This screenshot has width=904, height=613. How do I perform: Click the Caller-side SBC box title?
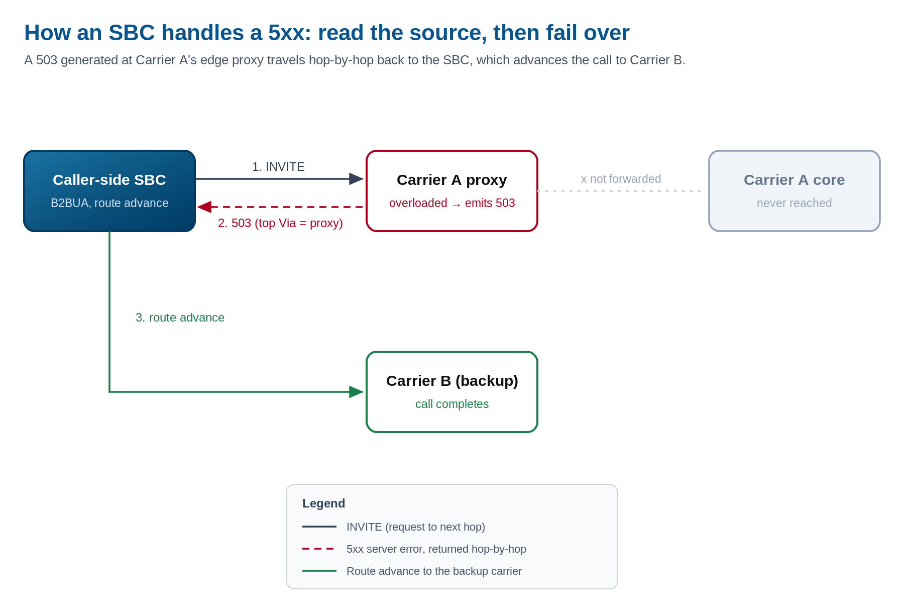(109, 180)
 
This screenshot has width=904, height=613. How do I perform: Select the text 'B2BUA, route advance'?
(109, 203)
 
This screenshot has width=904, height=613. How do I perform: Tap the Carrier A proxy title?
(452, 180)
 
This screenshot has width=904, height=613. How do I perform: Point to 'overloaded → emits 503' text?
(452, 203)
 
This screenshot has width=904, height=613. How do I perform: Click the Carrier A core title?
(795, 180)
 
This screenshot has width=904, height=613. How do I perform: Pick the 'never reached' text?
(795, 203)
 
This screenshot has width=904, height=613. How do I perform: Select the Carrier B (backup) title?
(452, 381)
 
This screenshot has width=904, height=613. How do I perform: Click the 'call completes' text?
(452, 404)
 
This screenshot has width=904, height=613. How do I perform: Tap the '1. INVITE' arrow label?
(278, 167)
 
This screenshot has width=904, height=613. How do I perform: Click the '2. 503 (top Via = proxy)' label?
(280, 223)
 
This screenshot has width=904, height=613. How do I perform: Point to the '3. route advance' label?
(180, 318)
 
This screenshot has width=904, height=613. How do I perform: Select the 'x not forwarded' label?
(621, 179)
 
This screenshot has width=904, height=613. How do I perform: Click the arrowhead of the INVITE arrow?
(356, 179)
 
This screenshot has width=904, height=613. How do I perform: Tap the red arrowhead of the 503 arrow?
(204, 207)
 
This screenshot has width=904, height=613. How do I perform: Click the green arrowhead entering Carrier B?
(356, 392)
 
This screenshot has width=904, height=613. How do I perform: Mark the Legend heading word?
(323, 503)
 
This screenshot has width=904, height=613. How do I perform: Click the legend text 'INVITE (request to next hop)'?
(416, 527)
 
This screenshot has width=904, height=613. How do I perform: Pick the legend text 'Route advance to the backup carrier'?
(434, 571)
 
